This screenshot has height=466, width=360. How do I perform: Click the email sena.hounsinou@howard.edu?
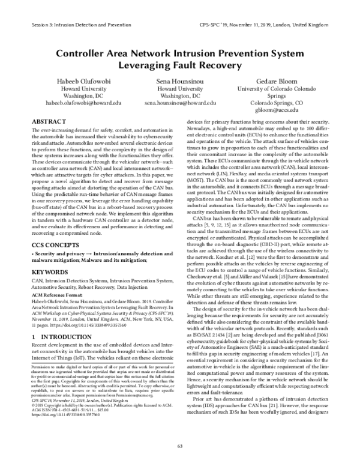pyautogui.click(x=179, y=103)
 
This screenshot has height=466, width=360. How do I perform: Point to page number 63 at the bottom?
pyautogui.click(x=180, y=445)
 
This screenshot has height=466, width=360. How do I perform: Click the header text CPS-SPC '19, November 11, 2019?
pyautogui.click(x=240, y=26)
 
